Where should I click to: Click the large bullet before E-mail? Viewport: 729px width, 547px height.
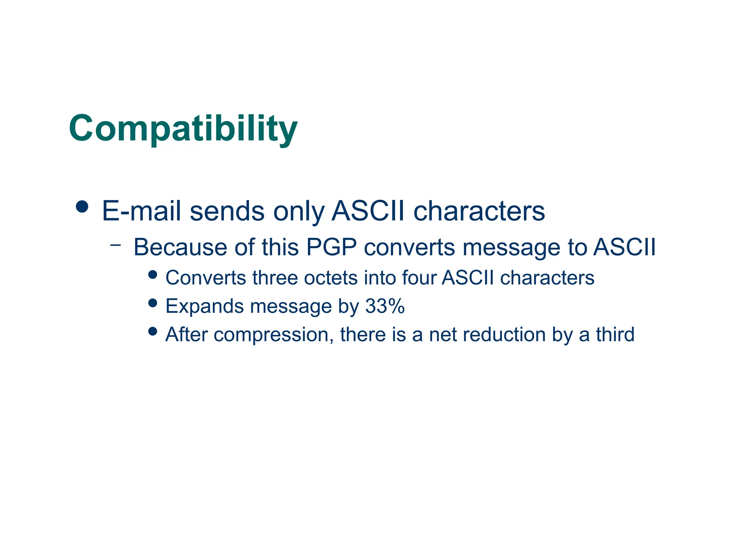coord(82,207)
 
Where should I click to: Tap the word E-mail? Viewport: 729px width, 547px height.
coord(141,211)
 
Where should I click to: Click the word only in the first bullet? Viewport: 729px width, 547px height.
coord(298,211)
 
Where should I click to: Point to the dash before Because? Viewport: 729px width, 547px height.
coord(116,245)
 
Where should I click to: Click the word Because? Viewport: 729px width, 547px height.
coord(180,247)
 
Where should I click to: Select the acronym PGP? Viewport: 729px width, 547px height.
coord(331,247)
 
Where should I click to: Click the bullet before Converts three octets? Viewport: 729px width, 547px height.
coord(153,275)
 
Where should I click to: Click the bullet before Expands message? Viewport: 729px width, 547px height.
coord(153,303)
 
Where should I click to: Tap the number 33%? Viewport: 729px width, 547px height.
coord(385,306)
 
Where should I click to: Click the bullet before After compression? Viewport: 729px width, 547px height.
coord(153,332)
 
